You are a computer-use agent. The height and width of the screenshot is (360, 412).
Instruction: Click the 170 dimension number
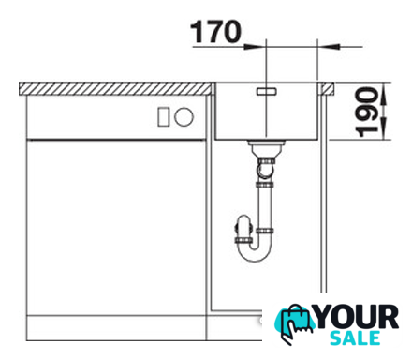[x=215, y=32]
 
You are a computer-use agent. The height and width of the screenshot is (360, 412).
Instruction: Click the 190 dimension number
[x=367, y=112]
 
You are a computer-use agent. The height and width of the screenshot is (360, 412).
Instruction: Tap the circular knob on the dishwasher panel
[x=184, y=117]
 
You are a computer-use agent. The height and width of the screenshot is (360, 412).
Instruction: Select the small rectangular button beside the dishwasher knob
[x=163, y=117]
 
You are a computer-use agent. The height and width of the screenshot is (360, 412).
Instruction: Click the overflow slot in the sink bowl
[x=266, y=91]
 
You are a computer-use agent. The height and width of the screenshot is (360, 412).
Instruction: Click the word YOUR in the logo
[x=358, y=318]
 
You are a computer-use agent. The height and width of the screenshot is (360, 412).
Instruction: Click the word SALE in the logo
[x=355, y=337]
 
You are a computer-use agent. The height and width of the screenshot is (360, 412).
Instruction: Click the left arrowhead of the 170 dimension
[x=254, y=47]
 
